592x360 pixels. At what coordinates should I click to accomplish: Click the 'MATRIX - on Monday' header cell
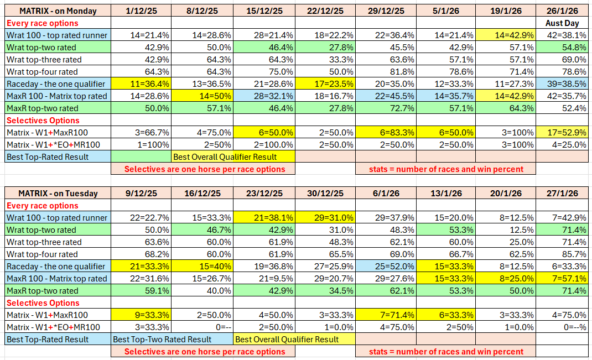[x=58, y=11]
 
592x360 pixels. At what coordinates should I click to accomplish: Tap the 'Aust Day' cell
[x=562, y=23]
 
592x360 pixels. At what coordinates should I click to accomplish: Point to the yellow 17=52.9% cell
[x=562, y=133]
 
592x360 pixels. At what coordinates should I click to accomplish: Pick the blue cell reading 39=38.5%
[x=562, y=84]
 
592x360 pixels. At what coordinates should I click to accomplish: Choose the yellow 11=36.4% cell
[x=141, y=84]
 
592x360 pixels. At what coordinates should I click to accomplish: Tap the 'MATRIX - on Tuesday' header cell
[x=58, y=194]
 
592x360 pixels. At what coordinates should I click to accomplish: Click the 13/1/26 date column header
[x=445, y=194]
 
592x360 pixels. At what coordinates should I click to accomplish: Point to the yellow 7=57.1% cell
[x=562, y=279]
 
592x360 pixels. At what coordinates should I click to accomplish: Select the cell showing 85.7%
[x=562, y=254]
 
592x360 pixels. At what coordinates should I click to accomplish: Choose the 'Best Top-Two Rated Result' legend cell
[x=172, y=340]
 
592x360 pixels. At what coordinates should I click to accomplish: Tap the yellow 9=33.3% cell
[x=141, y=315]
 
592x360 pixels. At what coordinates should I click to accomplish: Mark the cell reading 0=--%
[x=562, y=327]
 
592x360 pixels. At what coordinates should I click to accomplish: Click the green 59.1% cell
[x=141, y=291]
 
